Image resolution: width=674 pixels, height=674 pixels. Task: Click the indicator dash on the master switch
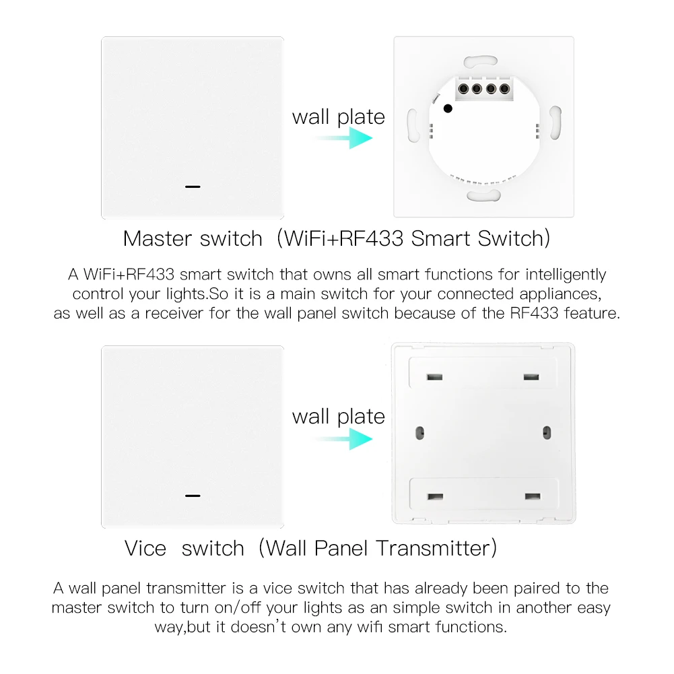pyautogui.click(x=193, y=186)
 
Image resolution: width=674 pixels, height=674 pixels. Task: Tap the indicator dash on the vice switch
pyautogui.click(x=193, y=496)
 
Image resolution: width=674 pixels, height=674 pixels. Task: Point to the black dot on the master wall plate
pyautogui.click(x=448, y=108)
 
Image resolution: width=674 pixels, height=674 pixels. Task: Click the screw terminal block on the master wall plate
pyautogui.click(x=483, y=88)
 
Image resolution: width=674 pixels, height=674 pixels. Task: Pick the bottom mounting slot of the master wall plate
pyautogui.click(x=483, y=195)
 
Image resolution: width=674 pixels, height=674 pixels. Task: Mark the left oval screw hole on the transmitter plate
pyautogui.click(x=419, y=431)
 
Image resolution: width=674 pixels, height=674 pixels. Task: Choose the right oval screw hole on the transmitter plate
pyautogui.click(x=546, y=431)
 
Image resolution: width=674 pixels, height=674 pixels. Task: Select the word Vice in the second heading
pyautogui.click(x=145, y=548)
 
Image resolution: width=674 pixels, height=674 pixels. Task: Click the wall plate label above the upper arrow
pyautogui.click(x=338, y=116)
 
